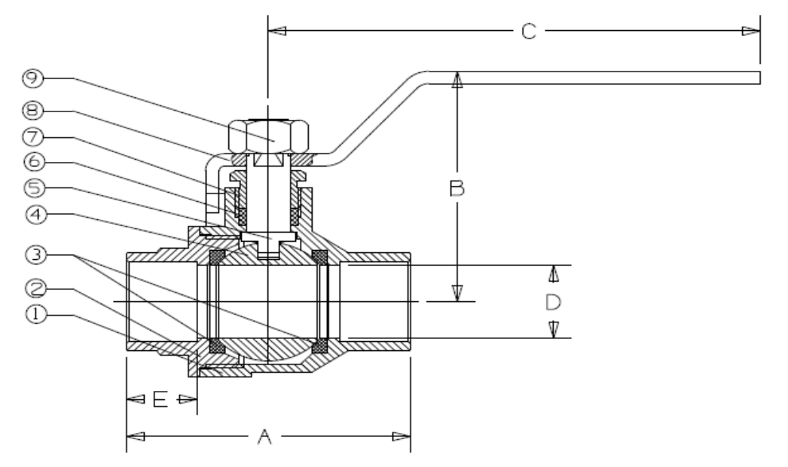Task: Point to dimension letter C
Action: pyautogui.click(x=529, y=32)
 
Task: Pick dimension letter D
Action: pyautogui.click(x=554, y=303)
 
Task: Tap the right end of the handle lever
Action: pyautogui.click(x=756, y=78)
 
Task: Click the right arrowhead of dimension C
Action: pyautogui.click(x=750, y=32)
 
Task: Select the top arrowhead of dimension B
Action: pyautogui.click(x=457, y=81)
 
